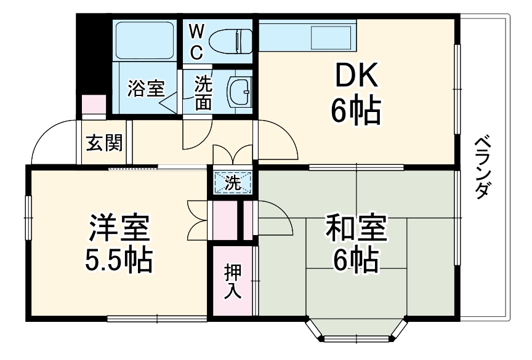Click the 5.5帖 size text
118,261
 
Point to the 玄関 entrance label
103,143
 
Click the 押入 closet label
232,281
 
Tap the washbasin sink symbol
239,92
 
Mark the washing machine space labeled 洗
233,182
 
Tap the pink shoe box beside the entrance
93,103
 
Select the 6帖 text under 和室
355,261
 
